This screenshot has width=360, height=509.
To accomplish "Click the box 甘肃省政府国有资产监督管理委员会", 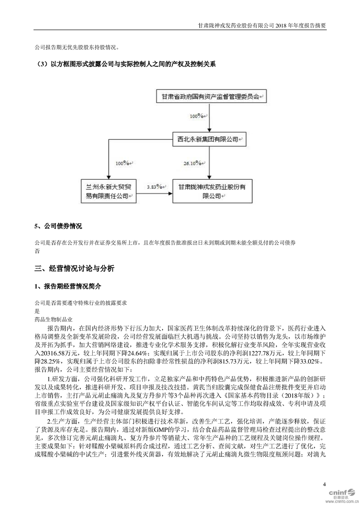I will coord(208,97).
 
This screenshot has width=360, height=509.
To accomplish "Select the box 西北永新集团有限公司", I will coord(208,140).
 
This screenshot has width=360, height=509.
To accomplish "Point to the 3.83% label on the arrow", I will coord(155,186).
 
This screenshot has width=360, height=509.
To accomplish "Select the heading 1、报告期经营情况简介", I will coord(68,287).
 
